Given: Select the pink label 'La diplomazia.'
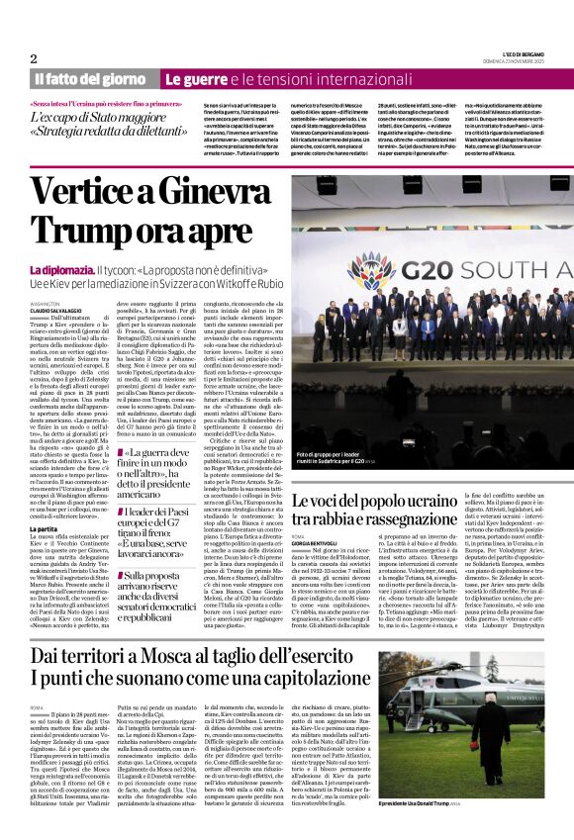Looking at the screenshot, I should coord(60,269).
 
